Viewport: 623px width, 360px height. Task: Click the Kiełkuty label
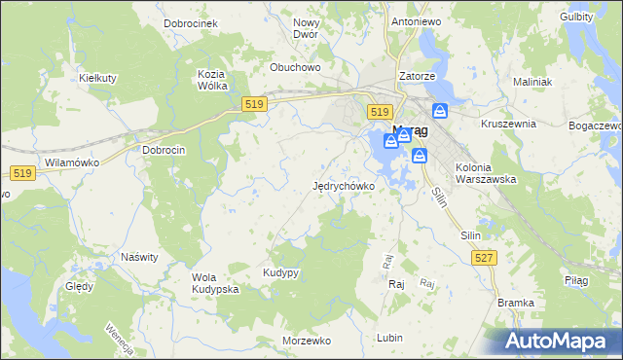(x=97, y=76)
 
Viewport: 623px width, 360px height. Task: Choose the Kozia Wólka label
(x=212, y=80)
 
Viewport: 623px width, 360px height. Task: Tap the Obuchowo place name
(x=295, y=68)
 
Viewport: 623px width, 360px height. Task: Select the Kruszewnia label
(x=509, y=125)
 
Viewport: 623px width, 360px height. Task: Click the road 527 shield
(x=484, y=257)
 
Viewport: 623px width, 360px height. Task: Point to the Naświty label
(x=139, y=258)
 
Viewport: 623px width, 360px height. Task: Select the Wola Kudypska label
(x=215, y=283)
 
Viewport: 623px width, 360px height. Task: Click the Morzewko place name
(x=307, y=342)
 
